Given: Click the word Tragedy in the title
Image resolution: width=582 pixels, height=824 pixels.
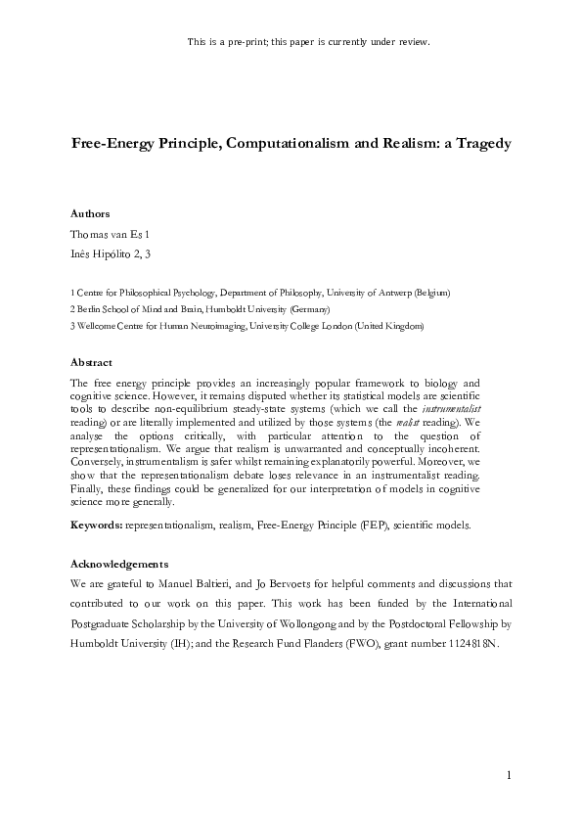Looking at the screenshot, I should click(478, 144).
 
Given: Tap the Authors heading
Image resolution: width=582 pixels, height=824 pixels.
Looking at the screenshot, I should click(90, 213).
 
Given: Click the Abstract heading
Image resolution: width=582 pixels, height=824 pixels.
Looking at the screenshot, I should click(92, 362).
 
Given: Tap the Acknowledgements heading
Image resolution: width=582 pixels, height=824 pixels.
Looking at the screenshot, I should click(120, 564).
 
